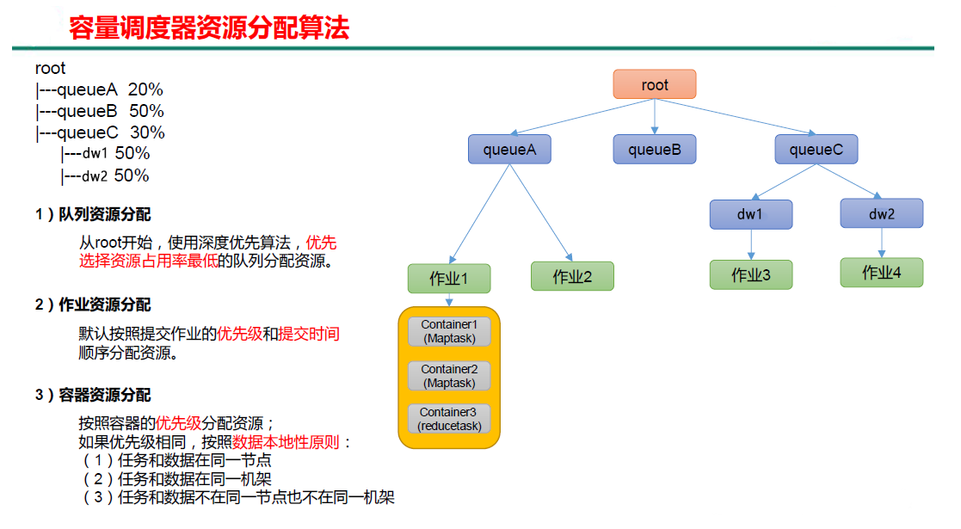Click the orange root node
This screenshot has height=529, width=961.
(x=654, y=84)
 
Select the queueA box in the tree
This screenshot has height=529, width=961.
(x=509, y=150)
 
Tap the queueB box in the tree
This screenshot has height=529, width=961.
(x=654, y=150)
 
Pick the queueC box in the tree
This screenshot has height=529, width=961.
(x=816, y=150)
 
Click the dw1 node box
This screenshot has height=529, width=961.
(x=750, y=214)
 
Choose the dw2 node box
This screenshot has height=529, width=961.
(x=881, y=213)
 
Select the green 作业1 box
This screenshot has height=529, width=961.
(x=449, y=279)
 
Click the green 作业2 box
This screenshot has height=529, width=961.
(x=572, y=276)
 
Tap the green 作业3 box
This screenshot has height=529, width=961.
(x=750, y=274)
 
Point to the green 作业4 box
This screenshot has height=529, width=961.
(x=881, y=273)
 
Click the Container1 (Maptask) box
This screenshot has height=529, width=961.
(x=449, y=331)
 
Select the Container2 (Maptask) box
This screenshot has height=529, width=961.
(x=449, y=375)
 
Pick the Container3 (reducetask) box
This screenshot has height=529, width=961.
(x=449, y=419)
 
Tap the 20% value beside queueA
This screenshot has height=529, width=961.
(x=145, y=89)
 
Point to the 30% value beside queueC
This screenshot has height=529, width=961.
(x=147, y=132)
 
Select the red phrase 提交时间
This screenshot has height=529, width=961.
(x=309, y=334)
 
